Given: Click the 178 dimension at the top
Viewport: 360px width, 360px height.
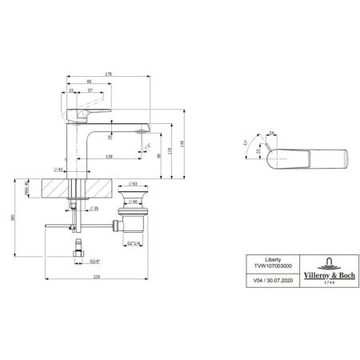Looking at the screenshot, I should [x=109, y=74].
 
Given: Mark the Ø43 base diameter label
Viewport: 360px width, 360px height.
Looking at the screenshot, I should [x=59, y=170].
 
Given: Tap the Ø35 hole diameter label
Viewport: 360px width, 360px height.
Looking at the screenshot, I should [x=94, y=208].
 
